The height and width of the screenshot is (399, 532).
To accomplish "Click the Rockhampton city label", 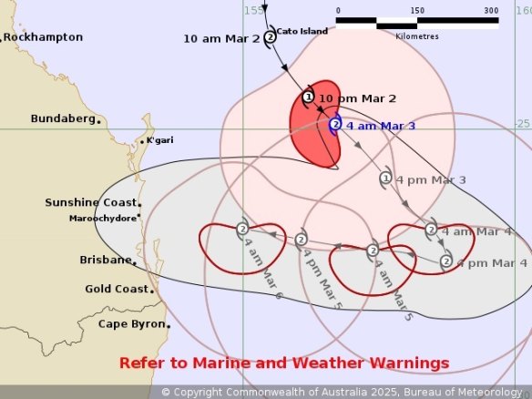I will tap(43, 37).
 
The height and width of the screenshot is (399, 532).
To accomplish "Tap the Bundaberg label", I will tap(63, 118).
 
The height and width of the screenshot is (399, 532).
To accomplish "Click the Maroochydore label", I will tap(103, 219).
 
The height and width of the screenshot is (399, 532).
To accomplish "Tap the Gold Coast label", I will tap(117, 289).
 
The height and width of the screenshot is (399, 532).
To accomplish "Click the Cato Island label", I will tap(302, 30).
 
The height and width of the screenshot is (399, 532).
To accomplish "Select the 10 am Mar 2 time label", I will tap(221, 38).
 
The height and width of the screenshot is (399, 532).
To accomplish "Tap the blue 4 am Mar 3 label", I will tap(381, 125).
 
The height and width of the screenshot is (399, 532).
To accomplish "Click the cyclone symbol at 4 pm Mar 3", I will tap(385, 179).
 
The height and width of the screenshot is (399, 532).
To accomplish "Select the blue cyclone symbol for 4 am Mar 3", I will tap(335, 125).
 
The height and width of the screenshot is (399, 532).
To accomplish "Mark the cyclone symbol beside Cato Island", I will tap(270, 37).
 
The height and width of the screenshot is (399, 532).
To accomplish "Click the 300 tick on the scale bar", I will tap(491, 11).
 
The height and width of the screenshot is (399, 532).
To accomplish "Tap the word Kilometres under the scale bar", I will tap(416, 36).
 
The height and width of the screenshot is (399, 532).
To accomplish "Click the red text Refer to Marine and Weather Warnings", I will tap(284, 363).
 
